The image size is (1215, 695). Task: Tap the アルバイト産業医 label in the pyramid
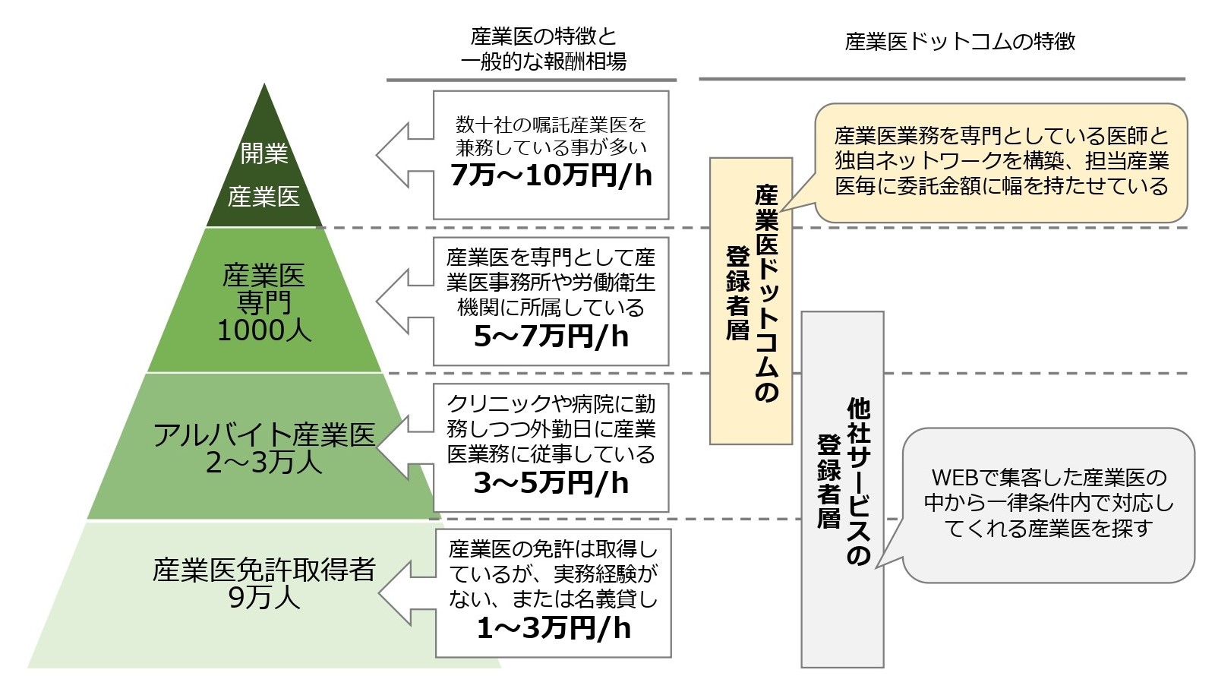pyautogui.click(x=264, y=435)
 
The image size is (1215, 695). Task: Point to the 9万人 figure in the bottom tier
pyautogui.click(x=264, y=599)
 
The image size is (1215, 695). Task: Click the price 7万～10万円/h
pyautogui.click(x=551, y=176)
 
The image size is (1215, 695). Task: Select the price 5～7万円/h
pyautogui.click(x=551, y=336)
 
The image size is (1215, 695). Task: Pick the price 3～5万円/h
pyautogui.click(x=551, y=483)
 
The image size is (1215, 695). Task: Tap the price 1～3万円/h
pyautogui.click(x=553, y=628)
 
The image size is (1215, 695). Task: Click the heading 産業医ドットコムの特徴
pyautogui.click(x=960, y=41)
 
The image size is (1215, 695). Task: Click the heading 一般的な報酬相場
pyautogui.click(x=543, y=62)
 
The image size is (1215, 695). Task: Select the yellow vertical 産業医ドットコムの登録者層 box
pyautogui.click(x=750, y=301)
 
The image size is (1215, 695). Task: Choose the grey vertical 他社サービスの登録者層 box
pyautogui.click(x=842, y=489)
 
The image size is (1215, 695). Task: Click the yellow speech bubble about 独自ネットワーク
pyautogui.click(x=1001, y=162)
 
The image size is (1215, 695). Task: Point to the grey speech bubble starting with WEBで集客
pyautogui.click(x=1048, y=504)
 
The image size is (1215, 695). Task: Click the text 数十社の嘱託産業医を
pyautogui.click(x=551, y=124)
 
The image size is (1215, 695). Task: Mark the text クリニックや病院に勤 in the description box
pyautogui.click(x=551, y=404)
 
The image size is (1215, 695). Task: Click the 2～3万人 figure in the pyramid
pyautogui.click(x=264, y=463)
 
